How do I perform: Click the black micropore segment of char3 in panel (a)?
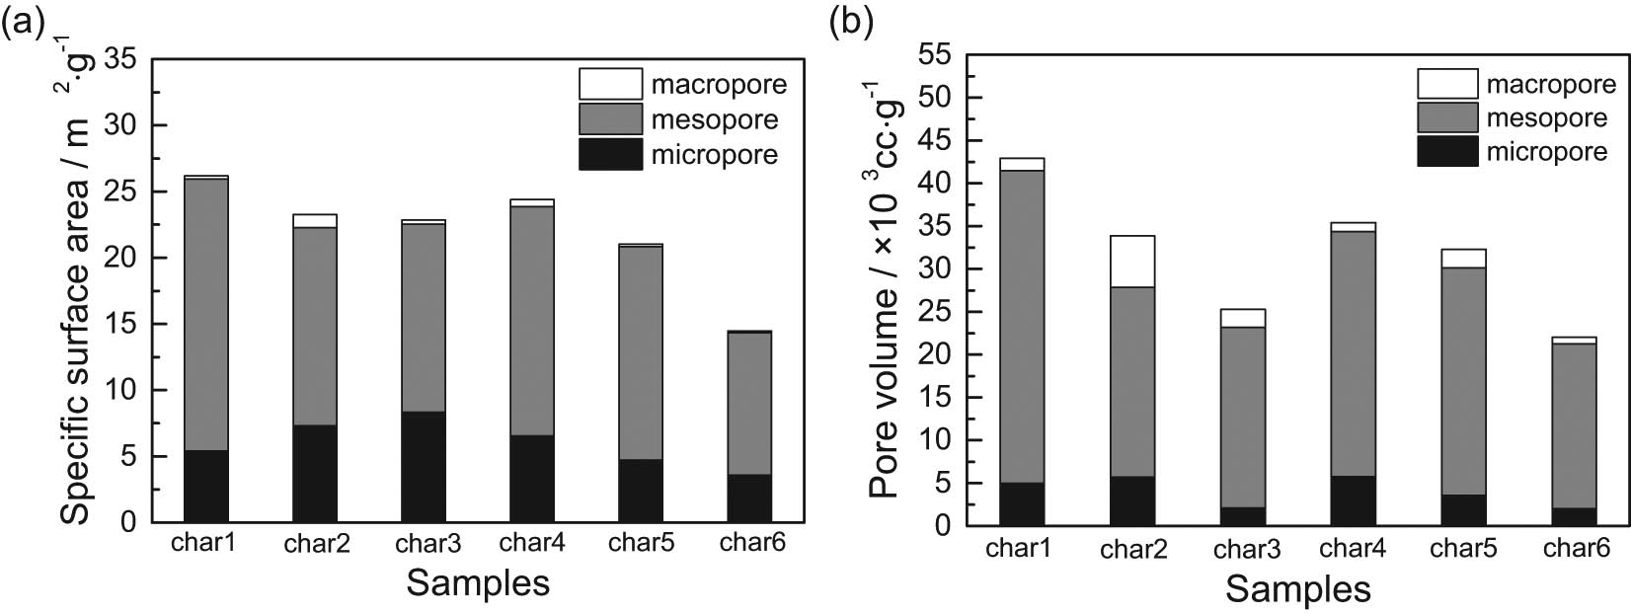tap(424, 466)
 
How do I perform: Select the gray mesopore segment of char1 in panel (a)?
tap(206, 314)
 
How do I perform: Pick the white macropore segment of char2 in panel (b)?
tap(1132, 261)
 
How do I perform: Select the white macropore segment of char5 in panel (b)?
tap(1463, 259)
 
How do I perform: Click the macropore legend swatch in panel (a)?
tap(610, 84)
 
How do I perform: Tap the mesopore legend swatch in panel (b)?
tap(1447, 117)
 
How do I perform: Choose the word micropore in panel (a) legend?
tap(714, 155)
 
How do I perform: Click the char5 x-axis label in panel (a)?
tap(641, 542)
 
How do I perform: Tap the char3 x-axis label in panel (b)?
tap(1246, 548)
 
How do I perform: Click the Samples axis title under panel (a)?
tap(478, 582)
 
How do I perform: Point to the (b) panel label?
tap(851, 21)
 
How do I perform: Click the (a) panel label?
tap(24, 21)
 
